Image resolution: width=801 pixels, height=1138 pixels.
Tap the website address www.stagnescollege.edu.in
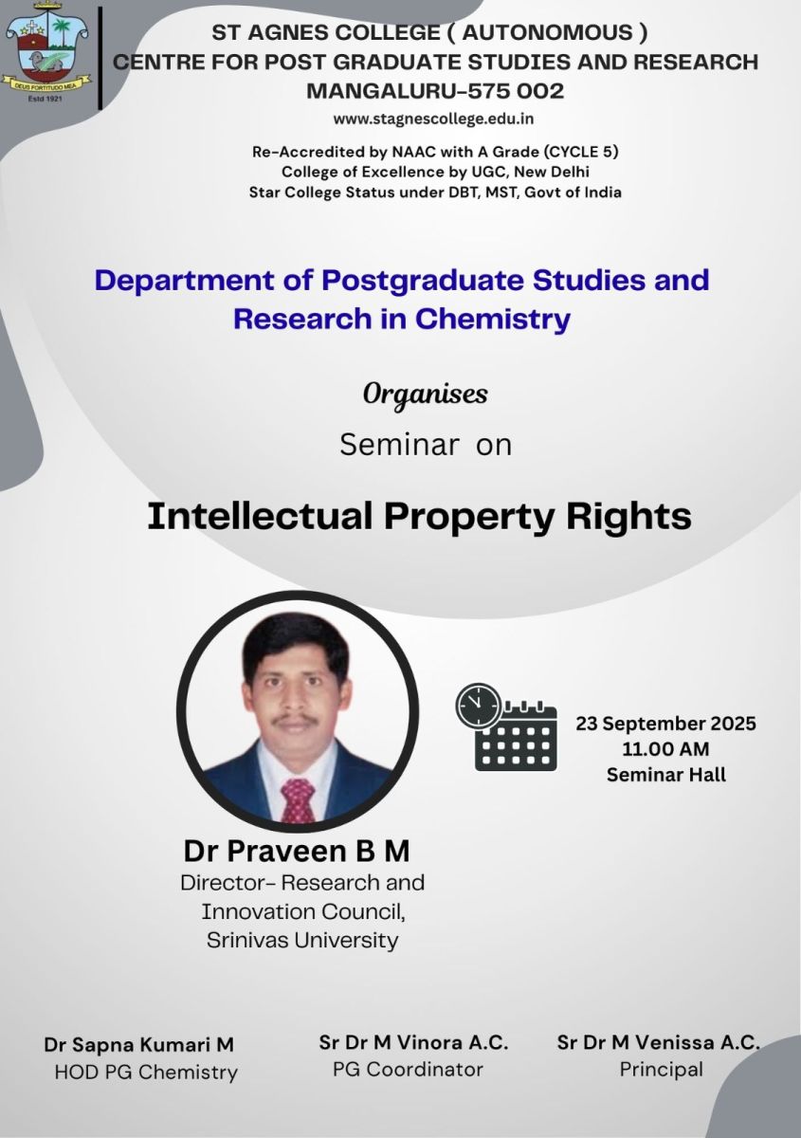click(433, 119)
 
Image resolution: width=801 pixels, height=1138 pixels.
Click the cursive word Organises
click(425, 395)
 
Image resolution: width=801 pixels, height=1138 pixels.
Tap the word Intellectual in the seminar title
click(260, 516)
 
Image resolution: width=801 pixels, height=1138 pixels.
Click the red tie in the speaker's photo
click(298, 800)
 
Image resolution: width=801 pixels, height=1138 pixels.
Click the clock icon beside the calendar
click(478, 706)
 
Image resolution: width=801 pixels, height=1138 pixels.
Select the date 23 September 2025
click(665, 724)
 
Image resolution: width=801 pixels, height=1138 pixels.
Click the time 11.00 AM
click(665, 749)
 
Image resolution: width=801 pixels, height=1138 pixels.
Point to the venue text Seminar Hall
click(665, 775)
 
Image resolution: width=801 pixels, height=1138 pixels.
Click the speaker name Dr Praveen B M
click(297, 851)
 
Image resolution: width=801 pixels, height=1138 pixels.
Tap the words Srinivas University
click(302, 941)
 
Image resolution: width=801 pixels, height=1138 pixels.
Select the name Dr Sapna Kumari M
click(138, 1044)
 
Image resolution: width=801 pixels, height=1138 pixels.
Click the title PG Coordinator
click(408, 1070)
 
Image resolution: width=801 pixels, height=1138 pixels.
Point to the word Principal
click(662, 1070)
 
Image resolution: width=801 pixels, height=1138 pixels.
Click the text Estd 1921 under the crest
click(45, 98)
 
